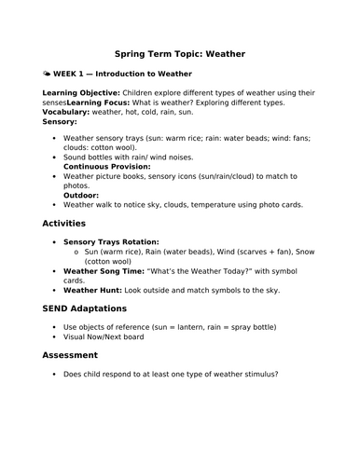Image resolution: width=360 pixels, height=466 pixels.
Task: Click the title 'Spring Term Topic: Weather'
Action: pyautogui.click(x=179, y=54)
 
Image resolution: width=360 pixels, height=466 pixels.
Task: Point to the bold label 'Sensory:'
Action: pyautogui.click(x=61, y=121)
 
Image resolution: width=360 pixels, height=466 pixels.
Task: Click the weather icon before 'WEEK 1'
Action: pyautogui.click(x=48, y=72)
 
